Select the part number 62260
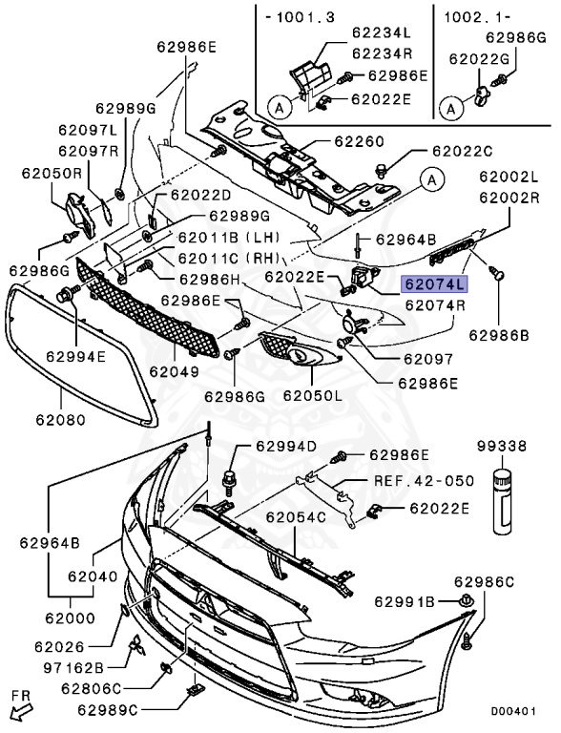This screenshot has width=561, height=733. (x=358, y=142)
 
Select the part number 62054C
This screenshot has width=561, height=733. (x=296, y=517)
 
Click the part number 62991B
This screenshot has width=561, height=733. (x=405, y=601)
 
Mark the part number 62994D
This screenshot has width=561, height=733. (x=285, y=446)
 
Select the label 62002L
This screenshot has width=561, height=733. (x=510, y=178)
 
